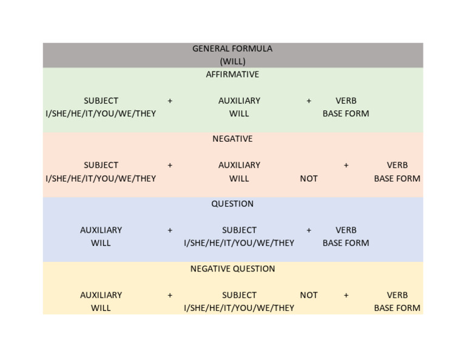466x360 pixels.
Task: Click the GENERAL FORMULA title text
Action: pyautogui.click(x=232, y=48)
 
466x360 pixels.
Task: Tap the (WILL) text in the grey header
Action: pyautogui.click(x=232, y=61)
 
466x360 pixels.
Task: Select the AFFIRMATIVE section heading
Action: pyautogui.click(x=232, y=75)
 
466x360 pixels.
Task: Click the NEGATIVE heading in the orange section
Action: pyautogui.click(x=232, y=139)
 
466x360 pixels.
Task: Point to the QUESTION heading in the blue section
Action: pyautogui.click(x=232, y=204)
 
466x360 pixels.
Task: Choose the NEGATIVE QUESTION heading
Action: pyautogui.click(x=232, y=268)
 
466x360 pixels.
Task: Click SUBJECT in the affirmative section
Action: pyautogui.click(x=101, y=101)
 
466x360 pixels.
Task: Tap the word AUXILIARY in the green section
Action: pyautogui.click(x=239, y=101)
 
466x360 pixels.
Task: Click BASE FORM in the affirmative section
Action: pyautogui.click(x=346, y=113)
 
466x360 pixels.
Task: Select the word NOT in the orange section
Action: pyautogui.click(x=309, y=178)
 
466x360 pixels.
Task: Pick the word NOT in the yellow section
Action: pyautogui.click(x=309, y=295)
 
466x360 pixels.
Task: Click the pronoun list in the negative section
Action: pyautogui.click(x=101, y=178)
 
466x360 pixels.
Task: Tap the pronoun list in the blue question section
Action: pyautogui.click(x=239, y=243)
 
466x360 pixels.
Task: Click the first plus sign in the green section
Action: pyautogui.click(x=170, y=101)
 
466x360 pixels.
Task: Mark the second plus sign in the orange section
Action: pyautogui.click(x=346, y=165)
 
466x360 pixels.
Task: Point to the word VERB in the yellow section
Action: pyautogui.click(x=397, y=295)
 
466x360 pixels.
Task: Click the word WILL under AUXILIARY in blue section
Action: pyautogui.click(x=101, y=243)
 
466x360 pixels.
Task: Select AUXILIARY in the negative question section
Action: pyautogui.click(x=101, y=295)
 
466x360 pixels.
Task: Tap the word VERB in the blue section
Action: pyautogui.click(x=346, y=230)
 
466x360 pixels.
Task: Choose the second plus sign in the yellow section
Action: pyautogui.click(x=346, y=295)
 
